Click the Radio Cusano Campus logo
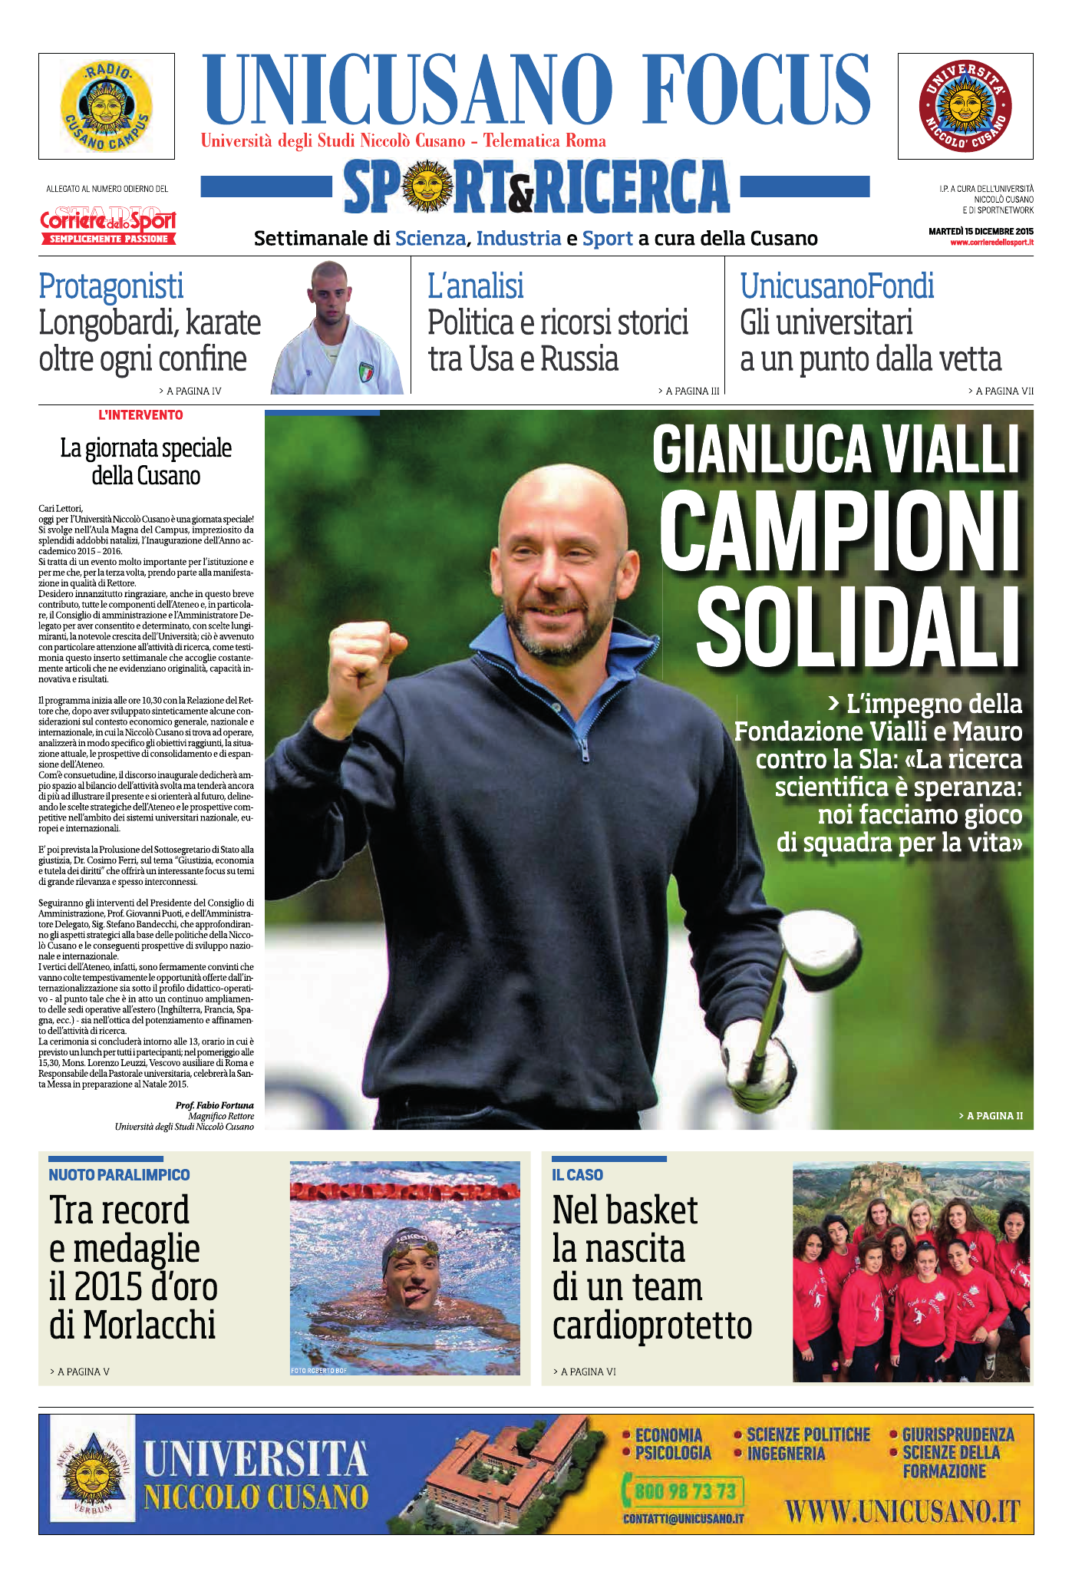[x=107, y=107]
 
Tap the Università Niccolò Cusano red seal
[x=965, y=107]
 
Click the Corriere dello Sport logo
[x=108, y=224]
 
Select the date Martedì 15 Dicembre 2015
[x=981, y=231]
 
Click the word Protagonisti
[x=111, y=286]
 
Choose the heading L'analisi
[x=476, y=286]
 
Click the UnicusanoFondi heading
[x=837, y=286]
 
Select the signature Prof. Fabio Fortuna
[x=214, y=1105]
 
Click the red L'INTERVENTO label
[x=140, y=415]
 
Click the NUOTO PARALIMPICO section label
[x=119, y=1175]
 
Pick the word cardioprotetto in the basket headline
[x=652, y=1326]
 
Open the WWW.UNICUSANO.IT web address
[x=902, y=1513]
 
